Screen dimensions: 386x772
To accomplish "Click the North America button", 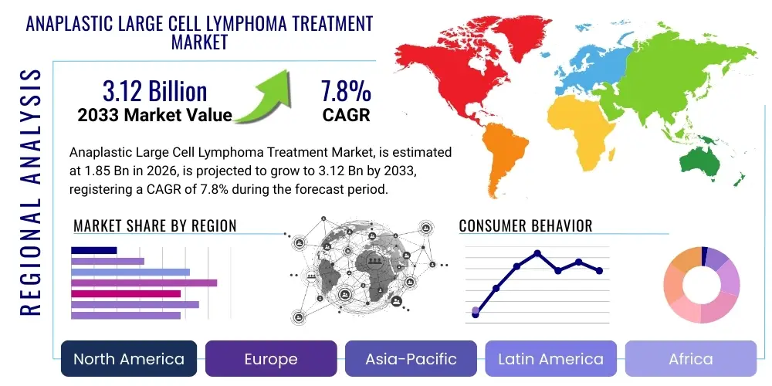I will pyautogui.click(x=129, y=359).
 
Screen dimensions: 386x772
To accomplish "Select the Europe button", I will pyautogui.click(x=271, y=359).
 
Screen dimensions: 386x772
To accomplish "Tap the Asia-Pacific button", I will pyautogui.click(x=411, y=359).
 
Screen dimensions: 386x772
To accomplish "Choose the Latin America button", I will pyautogui.click(x=550, y=359).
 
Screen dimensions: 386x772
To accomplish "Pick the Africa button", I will pyautogui.click(x=690, y=359).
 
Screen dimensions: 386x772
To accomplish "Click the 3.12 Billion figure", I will pyautogui.click(x=154, y=92).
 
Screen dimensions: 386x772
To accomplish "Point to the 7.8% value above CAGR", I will pyautogui.click(x=346, y=92).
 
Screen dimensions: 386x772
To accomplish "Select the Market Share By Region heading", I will pyautogui.click(x=154, y=225).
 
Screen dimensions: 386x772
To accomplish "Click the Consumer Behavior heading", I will pyautogui.click(x=525, y=225).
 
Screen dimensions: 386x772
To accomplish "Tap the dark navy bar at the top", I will pyautogui.click(x=93, y=250).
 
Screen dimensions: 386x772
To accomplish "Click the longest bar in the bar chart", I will pyautogui.click(x=144, y=283).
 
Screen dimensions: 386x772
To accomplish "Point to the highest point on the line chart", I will pyautogui.click(x=537, y=253).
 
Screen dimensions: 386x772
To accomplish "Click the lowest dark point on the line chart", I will pyautogui.click(x=476, y=315).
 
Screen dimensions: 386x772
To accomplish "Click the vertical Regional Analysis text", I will pyautogui.click(x=30, y=193).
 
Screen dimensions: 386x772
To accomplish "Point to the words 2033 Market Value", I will pyautogui.click(x=154, y=116).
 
